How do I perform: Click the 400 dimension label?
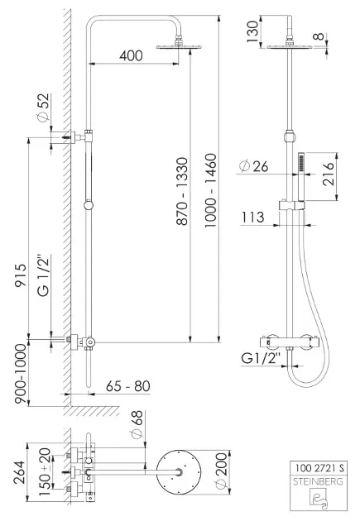131,55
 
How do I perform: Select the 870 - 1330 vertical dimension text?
182,191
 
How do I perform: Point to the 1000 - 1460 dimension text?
210,190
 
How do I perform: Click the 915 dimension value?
20,275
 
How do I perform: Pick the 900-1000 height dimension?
21,374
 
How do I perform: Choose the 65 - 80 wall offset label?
128,386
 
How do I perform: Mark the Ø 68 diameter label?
137,424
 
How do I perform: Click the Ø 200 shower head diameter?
221,471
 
